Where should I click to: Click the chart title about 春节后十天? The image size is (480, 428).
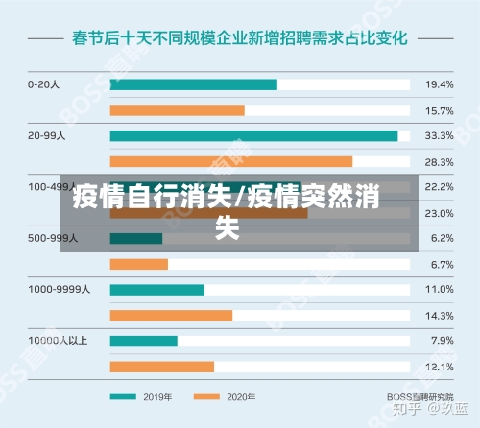(240, 39)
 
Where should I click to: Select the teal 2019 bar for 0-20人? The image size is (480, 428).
(194, 84)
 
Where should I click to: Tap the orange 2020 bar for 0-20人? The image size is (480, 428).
(178, 110)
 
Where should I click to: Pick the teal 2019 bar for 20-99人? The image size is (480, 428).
(253, 135)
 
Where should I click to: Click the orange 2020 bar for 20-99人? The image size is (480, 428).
(231, 161)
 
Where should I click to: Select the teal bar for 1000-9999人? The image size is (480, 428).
(157, 289)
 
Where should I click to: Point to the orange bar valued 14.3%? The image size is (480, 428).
(172, 315)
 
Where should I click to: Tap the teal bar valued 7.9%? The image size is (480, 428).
(144, 341)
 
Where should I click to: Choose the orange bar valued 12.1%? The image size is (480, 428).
(162, 367)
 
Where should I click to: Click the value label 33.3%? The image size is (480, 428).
(438, 135)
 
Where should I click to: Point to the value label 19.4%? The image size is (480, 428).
(438, 84)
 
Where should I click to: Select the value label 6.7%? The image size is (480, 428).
(442, 264)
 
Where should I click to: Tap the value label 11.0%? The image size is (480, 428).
(438, 289)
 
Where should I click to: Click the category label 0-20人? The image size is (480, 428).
(44, 84)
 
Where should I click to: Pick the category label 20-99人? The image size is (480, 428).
(47, 135)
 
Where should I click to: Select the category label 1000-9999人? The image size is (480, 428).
(59, 289)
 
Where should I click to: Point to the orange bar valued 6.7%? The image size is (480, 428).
(139, 264)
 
